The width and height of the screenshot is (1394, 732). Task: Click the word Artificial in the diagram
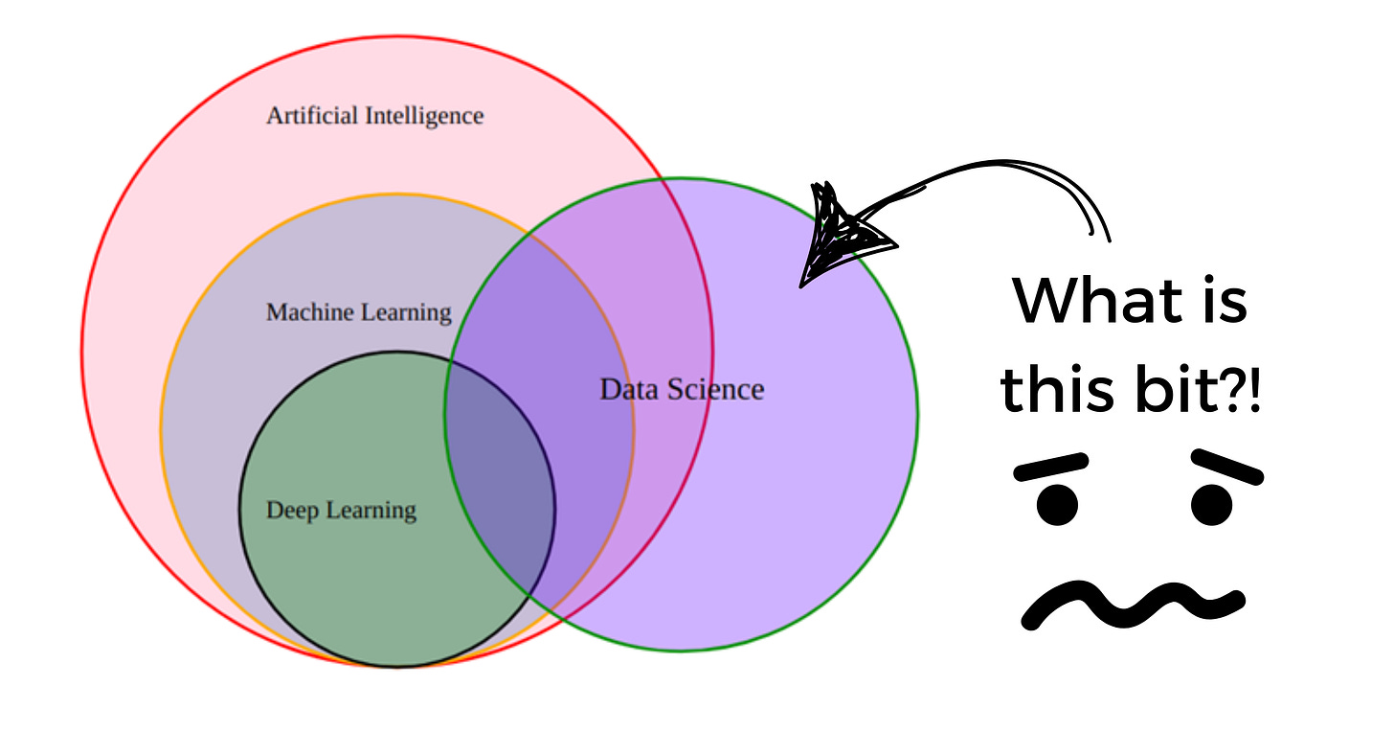[x=312, y=116]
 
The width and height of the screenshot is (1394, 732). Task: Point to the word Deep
[x=292, y=510]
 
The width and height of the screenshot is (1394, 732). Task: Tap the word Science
[x=719, y=389]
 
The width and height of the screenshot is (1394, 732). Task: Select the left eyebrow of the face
[x=1051, y=467]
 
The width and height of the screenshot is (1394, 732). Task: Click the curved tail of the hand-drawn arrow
[x=1034, y=177]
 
